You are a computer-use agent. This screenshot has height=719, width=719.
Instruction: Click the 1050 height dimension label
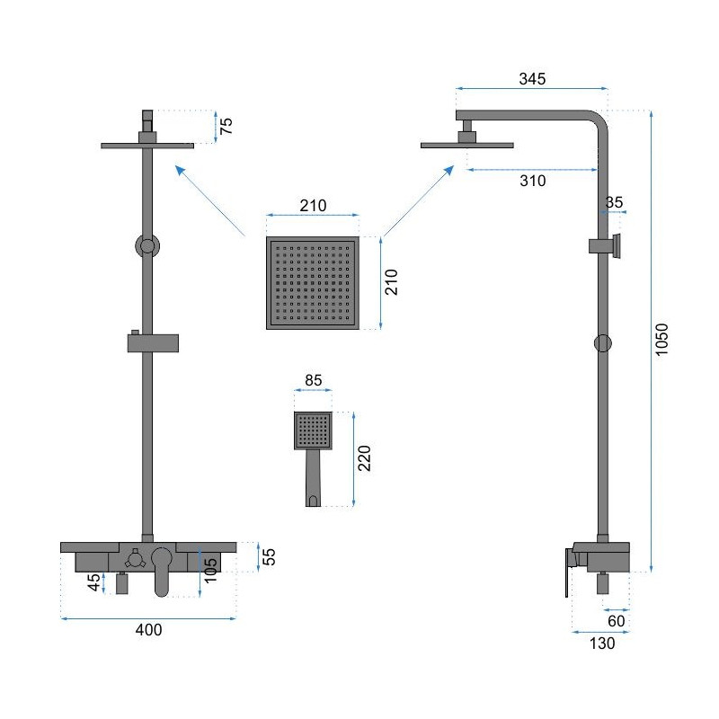point(661,340)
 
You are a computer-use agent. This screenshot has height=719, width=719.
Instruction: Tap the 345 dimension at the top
point(532,79)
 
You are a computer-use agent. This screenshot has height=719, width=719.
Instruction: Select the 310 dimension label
point(532,181)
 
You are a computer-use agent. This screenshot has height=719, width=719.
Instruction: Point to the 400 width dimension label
point(148,630)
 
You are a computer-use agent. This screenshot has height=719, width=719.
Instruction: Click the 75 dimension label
point(226,126)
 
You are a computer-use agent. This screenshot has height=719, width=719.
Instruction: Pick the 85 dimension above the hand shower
point(313,380)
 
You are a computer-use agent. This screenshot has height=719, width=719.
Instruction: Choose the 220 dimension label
point(364,458)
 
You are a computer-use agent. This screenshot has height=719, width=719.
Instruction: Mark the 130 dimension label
point(601,644)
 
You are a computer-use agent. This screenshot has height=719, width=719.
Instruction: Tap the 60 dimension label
point(616,621)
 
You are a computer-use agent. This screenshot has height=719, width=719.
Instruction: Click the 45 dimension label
point(93,582)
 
